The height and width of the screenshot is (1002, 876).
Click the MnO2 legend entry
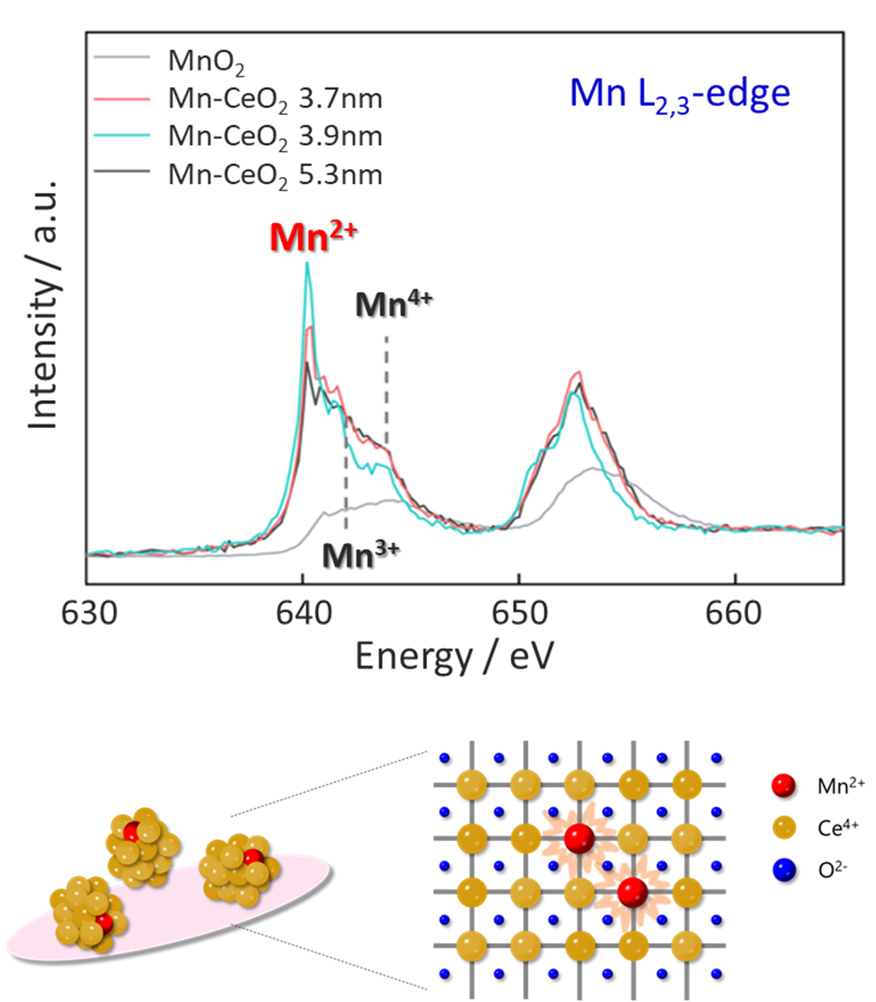pyautogui.click(x=205, y=61)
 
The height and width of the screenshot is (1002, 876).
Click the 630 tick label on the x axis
pyautogui.click(x=89, y=614)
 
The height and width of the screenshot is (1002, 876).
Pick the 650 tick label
pyautogui.click(x=520, y=614)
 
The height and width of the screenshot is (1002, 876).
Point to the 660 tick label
pyautogui.click(x=733, y=614)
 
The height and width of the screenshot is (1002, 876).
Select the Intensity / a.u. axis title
pyautogui.click(x=43, y=305)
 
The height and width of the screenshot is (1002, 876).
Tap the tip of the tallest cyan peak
pyautogui.click(x=307, y=264)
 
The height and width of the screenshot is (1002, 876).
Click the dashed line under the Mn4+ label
pyautogui.click(x=386, y=391)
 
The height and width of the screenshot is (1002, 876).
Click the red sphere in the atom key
pyautogui.click(x=783, y=785)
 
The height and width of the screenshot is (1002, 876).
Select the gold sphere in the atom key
pyautogui.click(x=783, y=827)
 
